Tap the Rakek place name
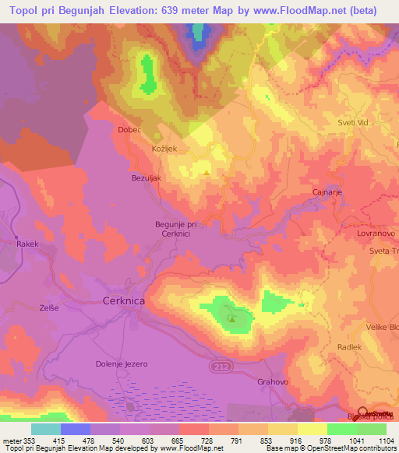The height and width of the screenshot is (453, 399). point(27,244)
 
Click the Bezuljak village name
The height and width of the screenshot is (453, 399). point(145,177)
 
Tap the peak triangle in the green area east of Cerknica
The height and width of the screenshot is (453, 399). point(231,318)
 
